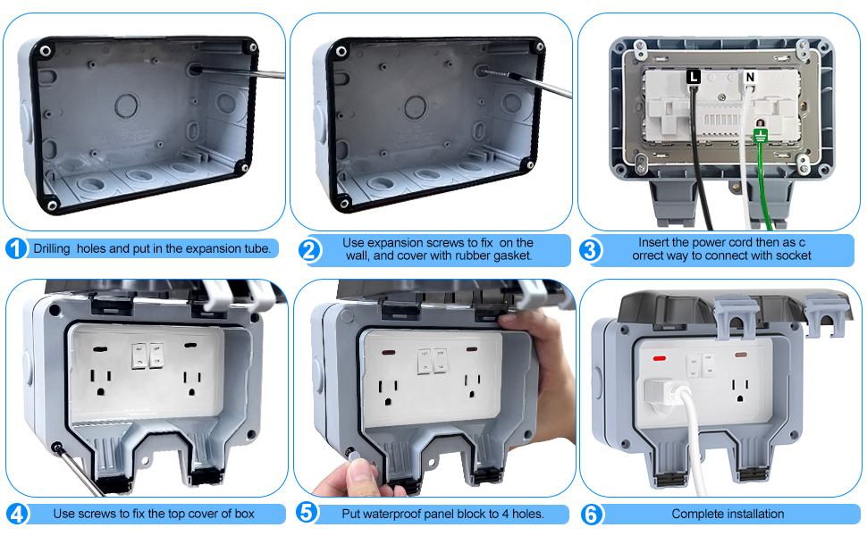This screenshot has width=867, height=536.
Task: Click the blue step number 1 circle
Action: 16,249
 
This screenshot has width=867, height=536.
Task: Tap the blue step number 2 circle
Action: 308,250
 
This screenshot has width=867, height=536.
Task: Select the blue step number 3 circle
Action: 591,250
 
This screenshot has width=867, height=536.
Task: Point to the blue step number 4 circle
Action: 16,514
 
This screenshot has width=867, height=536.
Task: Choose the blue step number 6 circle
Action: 591,514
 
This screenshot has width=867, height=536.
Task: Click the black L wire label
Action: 693,78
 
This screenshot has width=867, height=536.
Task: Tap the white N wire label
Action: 749,78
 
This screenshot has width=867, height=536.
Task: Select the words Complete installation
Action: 728,514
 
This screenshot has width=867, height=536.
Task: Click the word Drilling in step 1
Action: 54,248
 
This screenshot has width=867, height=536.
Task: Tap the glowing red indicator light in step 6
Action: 661,359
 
